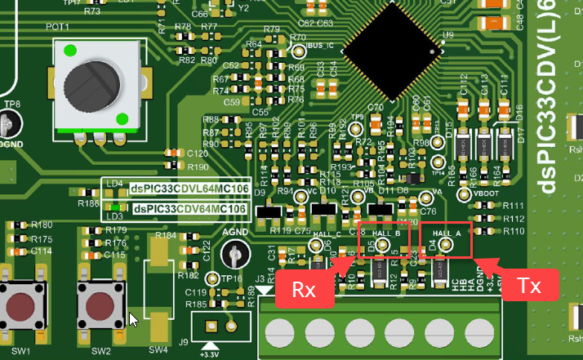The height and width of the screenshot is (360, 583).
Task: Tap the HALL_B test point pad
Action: (382, 244)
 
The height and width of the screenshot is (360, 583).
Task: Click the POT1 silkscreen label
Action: (58, 27)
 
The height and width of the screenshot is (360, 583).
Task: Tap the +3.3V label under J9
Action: (209, 354)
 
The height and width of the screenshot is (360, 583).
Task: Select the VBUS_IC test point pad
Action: (297, 51)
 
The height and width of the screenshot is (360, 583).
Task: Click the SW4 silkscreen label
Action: (158, 350)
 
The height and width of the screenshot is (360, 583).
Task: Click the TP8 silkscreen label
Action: (12, 104)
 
